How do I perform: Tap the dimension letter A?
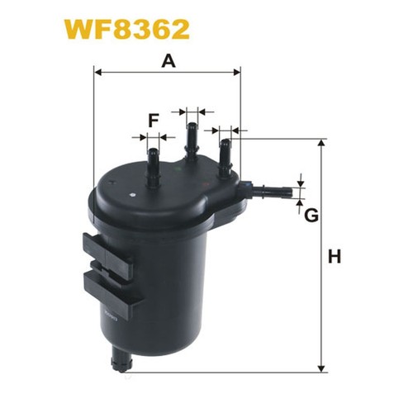coord(169,60)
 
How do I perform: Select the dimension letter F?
coord(153,121)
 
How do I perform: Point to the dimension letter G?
coord(311,216)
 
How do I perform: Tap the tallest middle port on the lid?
coord(192,145)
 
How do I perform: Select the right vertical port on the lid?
coord(224,156)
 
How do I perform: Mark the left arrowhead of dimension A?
coord(99,73)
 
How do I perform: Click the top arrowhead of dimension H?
coord(321,144)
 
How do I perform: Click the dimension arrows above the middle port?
coord(192,109)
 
